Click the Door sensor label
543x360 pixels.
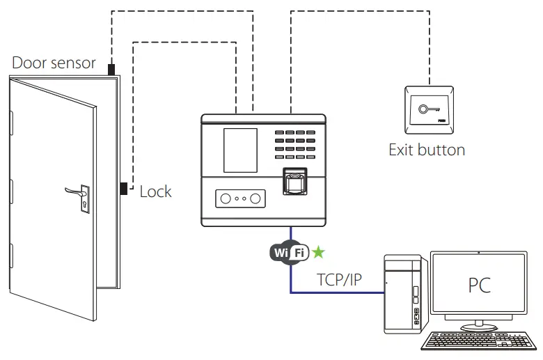click(x=54, y=63)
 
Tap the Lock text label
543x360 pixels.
click(x=155, y=191)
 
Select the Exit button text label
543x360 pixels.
click(x=426, y=149)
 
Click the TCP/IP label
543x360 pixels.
click(x=339, y=280)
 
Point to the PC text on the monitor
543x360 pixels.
click(x=478, y=285)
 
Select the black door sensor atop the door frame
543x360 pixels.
click(x=111, y=68)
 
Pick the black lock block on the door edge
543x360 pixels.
click(x=123, y=188)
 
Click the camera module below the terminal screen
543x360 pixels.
click(x=239, y=198)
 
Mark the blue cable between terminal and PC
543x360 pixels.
click(x=291, y=279)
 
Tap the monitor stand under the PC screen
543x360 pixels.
click(x=478, y=324)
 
